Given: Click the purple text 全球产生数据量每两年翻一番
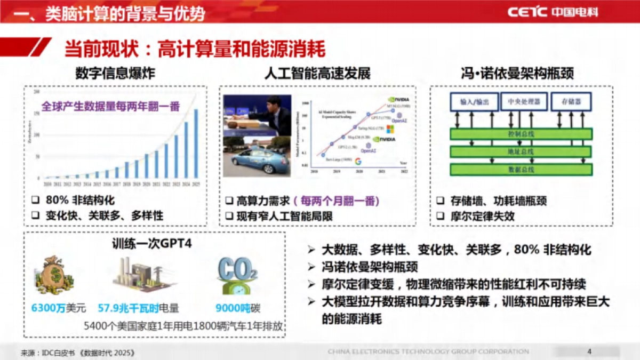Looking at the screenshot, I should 111,106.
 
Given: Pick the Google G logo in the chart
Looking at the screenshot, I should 358,161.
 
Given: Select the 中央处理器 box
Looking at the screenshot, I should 520,101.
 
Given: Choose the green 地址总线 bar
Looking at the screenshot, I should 521,151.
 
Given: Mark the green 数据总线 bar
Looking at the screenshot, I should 521,170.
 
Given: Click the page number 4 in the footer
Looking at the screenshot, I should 589,351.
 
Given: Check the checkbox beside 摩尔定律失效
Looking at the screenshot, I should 441,216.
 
